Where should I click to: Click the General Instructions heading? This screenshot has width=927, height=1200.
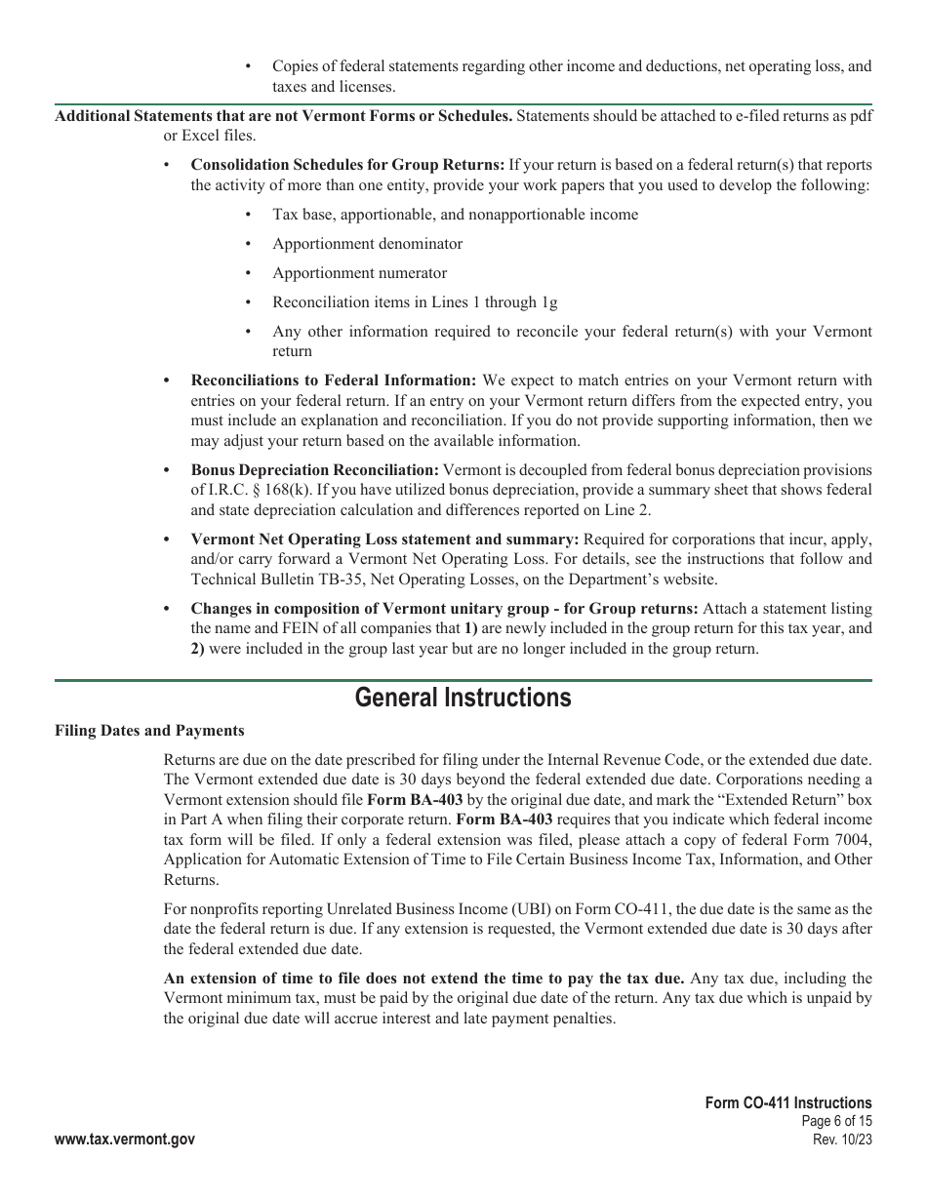point(463,699)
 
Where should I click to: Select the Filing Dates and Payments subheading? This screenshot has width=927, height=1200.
point(149,731)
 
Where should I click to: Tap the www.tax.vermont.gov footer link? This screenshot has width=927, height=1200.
point(125,1140)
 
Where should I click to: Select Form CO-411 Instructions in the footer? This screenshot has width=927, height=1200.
point(788,1103)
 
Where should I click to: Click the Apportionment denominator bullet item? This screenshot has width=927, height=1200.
point(367,244)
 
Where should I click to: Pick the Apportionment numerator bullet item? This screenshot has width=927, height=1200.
point(359,273)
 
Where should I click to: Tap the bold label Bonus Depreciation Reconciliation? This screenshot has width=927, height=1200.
point(314,470)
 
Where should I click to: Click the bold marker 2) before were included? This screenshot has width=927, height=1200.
point(197,649)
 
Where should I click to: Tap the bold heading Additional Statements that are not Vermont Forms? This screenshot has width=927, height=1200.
point(283,116)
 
